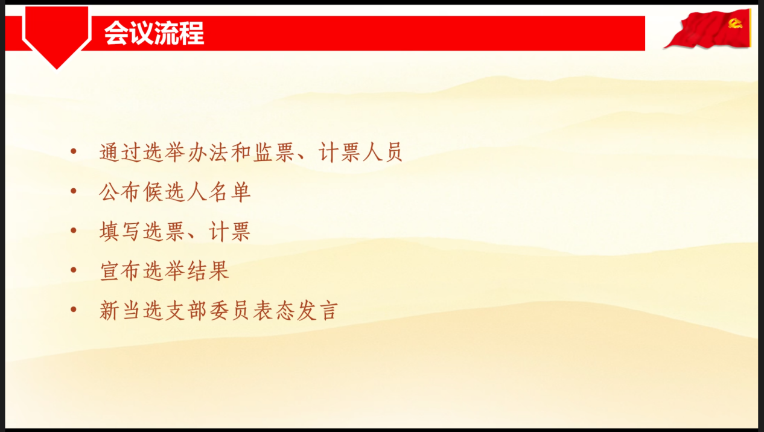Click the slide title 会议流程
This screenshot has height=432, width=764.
[154, 33]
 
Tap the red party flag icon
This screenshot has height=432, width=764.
[708, 29]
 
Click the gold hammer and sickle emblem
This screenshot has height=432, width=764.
[735, 24]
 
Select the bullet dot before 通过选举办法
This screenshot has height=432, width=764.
[74, 151]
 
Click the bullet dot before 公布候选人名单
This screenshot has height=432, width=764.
[74, 191]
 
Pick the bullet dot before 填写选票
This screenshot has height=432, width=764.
[74, 230]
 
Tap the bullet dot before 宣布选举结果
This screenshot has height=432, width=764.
[74, 270]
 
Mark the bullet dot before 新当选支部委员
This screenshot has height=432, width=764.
[74, 310]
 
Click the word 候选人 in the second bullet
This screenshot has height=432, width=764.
[176, 192]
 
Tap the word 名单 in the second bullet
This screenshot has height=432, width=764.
[229, 192]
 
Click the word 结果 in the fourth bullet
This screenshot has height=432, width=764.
[208, 271]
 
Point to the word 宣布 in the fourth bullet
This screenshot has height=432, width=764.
[121, 271]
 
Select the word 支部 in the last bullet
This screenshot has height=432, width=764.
[185, 311]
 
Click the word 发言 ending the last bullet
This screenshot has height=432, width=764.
[317, 311]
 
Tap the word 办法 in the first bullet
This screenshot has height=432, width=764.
[208, 152]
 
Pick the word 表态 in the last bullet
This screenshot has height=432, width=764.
[273, 311]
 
